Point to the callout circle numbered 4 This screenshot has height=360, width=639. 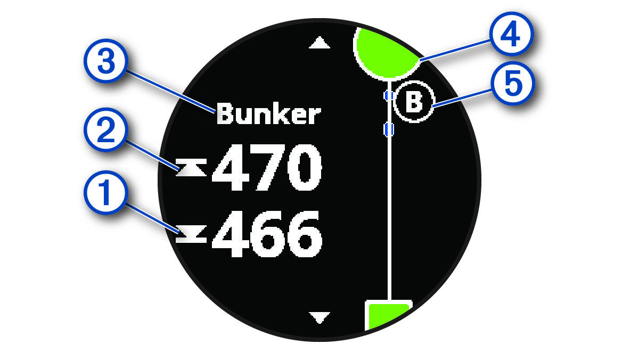click(509, 36)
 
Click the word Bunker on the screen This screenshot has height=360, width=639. click(269, 114)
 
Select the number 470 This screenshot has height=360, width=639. click(267, 169)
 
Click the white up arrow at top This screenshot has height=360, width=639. click(319, 43)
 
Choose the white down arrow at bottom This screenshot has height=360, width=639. click(319, 318)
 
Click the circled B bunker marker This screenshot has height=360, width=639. click(414, 102)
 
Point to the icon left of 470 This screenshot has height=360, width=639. click(191, 169)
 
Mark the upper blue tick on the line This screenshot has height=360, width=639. click(389, 95)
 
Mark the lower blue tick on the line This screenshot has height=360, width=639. click(389, 129)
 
